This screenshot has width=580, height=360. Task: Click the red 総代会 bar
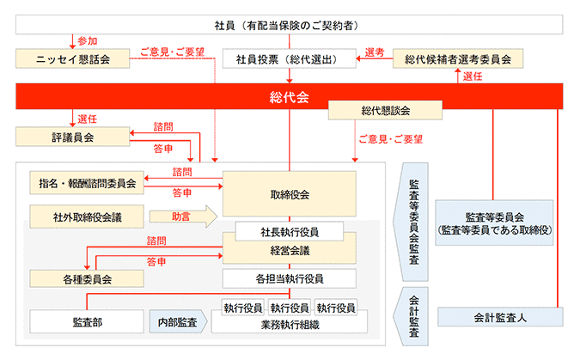coord(289,95)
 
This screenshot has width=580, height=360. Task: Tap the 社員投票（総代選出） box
coord(289,59)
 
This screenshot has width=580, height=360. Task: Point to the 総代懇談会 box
coord(385,110)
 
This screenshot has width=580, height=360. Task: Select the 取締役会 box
coord(289,194)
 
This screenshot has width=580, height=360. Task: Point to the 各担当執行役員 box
coord(289,278)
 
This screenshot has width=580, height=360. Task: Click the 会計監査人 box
coord(499,317)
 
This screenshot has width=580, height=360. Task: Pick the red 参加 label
coord(88,40)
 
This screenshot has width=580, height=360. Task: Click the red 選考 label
coord(375,52)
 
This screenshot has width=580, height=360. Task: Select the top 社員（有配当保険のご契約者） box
coord(289,23)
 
